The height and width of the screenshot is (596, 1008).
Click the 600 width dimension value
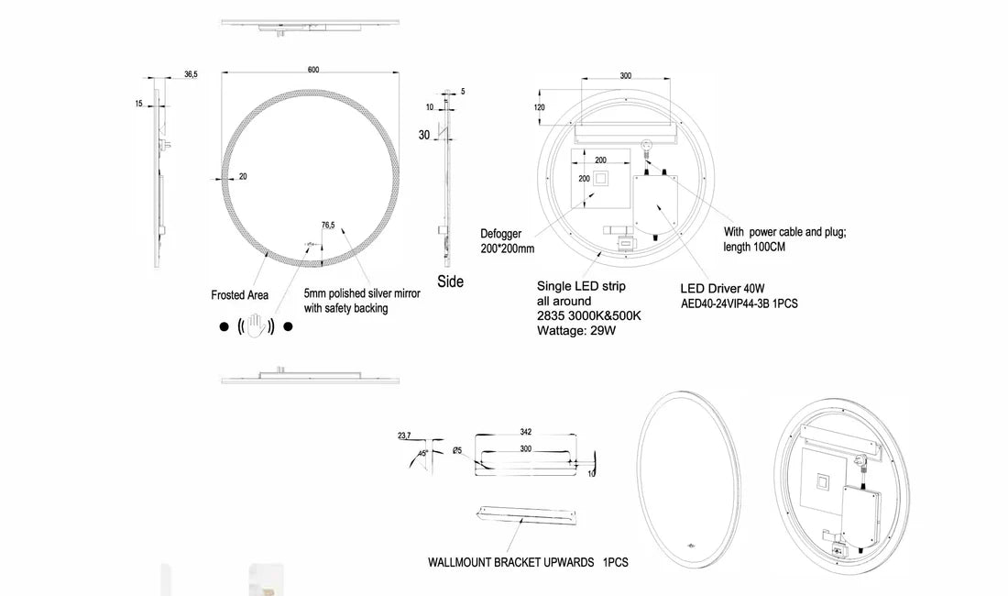click(x=313, y=71)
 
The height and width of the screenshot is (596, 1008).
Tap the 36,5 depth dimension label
click(x=191, y=74)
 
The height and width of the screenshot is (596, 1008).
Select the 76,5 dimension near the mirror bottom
click(x=328, y=225)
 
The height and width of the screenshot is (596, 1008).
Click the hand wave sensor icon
click(x=256, y=326)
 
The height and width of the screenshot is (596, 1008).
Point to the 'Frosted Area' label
click(x=240, y=295)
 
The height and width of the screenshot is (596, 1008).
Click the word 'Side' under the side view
click(x=450, y=281)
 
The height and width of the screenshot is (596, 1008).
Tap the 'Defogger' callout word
click(x=501, y=234)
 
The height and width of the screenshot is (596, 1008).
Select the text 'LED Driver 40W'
click(x=729, y=288)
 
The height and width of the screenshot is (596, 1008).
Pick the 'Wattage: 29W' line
click(x=575, y=330)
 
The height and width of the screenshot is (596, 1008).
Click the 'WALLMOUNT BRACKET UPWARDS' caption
click(x=511, y=562)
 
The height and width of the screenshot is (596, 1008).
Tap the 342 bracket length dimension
click(x=525, y=431)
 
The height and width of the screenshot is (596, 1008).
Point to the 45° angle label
click(x=423, y=453)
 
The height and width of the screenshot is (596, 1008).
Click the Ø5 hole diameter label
click(x=457, y=450)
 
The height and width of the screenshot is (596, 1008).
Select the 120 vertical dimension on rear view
click(x=539, y=107)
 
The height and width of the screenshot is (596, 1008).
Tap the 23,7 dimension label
click(x=405, y=436)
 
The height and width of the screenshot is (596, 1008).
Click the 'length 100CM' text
click(x=754, y=248)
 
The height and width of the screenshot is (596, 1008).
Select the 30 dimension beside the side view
click(x=424, y=135)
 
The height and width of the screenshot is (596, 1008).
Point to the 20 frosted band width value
click(x=243, y=177)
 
